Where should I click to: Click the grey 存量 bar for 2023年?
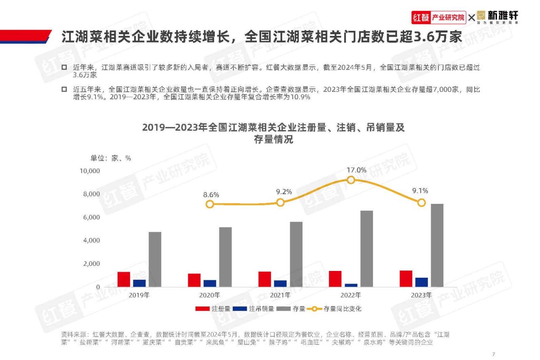point(437,245)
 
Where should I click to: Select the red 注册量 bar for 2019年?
point(124,279)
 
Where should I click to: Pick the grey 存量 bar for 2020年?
point(225,257)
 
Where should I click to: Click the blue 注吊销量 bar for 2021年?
point(280,284)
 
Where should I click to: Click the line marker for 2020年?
point(210,204)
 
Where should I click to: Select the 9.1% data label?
point(420,191)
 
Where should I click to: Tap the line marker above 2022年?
point(351,180)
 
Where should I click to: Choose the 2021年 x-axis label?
point(280,295)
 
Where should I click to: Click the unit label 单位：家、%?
point(111,158)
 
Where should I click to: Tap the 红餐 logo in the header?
point(420,18)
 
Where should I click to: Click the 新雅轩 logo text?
point(502,16)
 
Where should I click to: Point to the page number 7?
point(493,353)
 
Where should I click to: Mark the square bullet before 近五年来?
point(64,89)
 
